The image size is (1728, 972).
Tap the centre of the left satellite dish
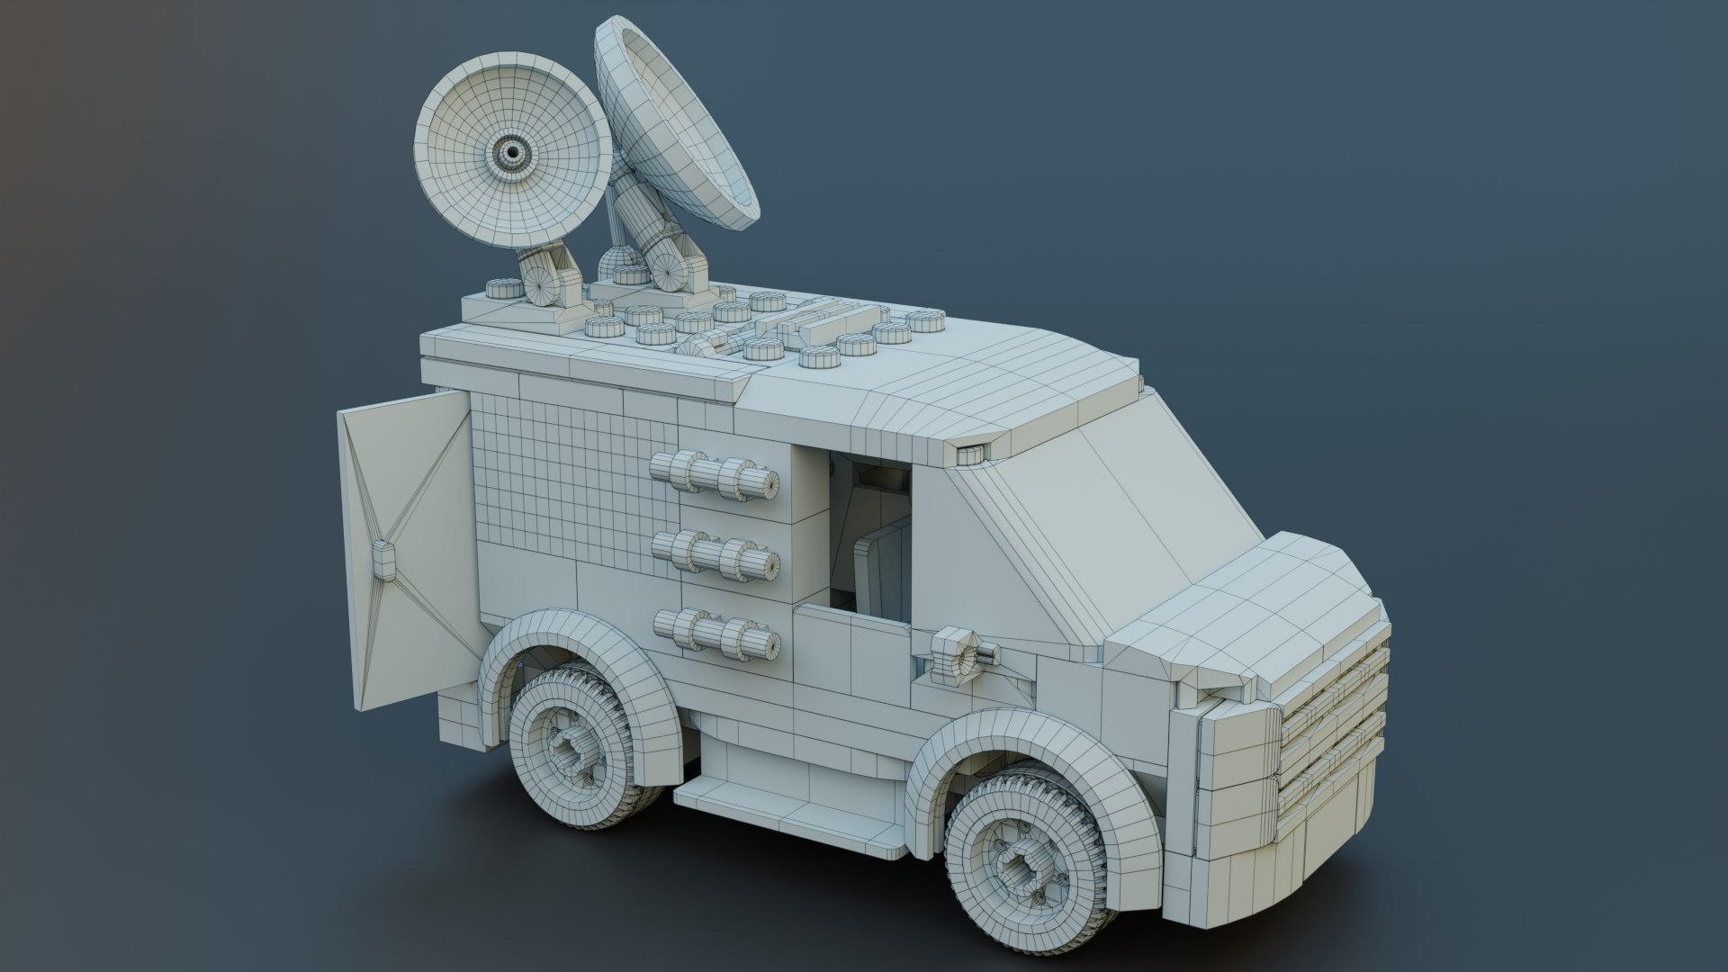point(513,153)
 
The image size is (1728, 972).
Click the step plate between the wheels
point(792,810)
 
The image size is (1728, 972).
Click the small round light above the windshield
point(970,455)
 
